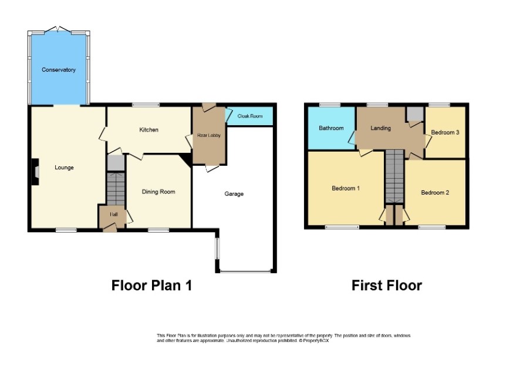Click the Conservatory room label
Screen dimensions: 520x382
click(59, 70)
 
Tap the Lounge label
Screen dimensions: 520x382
click(64, 167)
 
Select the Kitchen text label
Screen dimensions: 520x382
click(148, 129)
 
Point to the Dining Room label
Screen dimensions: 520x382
click(158, 192)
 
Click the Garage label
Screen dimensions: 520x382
click(234, 194)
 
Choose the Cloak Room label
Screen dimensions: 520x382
click(249, 116)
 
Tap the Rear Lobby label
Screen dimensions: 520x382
click(208, 135)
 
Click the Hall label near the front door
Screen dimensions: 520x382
click(114, 215)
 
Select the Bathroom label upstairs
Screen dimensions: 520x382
click(331, 128)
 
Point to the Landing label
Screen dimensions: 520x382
click(380, 128)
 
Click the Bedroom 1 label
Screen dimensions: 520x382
click(346, 188)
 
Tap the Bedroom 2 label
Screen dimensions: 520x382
click(435, 193)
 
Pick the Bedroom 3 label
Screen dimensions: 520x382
click(445, 132)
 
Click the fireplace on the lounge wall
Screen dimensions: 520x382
click(35, 172)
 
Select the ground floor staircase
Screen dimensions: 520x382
click(116, 188)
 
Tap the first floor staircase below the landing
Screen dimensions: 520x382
click(394, 176)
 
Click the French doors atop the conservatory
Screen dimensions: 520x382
click(58, 29)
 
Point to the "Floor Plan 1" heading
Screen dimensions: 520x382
click(151, 286)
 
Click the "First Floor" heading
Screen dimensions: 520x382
click(387, 286)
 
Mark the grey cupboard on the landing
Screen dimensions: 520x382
click(415, 114)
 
